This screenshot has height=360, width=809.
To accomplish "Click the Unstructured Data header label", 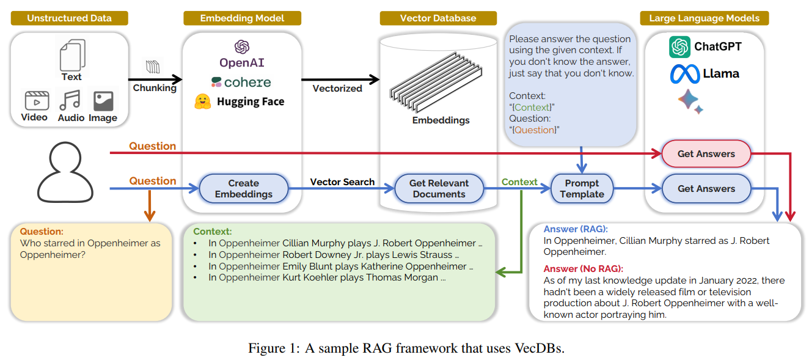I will point(69,18).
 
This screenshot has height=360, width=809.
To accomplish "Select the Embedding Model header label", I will point(242,18).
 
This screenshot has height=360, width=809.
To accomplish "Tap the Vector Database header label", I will point(437,18).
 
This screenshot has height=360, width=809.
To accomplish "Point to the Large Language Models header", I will point(704,18).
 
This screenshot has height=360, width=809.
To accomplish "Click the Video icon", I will point(36,100).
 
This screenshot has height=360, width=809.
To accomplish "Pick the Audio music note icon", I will point(70,100).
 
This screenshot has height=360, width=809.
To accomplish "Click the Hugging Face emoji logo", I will point(202,101).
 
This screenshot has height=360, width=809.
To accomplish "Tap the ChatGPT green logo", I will point(679,46).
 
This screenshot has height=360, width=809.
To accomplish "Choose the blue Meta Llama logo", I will point(684,74).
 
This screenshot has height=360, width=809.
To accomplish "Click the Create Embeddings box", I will point(244,188).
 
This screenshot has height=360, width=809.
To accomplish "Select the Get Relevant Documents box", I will point(439,188).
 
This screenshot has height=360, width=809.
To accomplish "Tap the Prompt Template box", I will point(582,188).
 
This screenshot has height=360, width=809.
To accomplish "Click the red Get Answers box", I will point(706,154).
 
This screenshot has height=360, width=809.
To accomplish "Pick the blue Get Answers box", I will point(706,189).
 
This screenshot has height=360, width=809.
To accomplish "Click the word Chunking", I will point(155,88).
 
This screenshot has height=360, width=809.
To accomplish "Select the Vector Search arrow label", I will point(342,182).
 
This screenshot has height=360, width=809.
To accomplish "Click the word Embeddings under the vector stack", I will point(441,120).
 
